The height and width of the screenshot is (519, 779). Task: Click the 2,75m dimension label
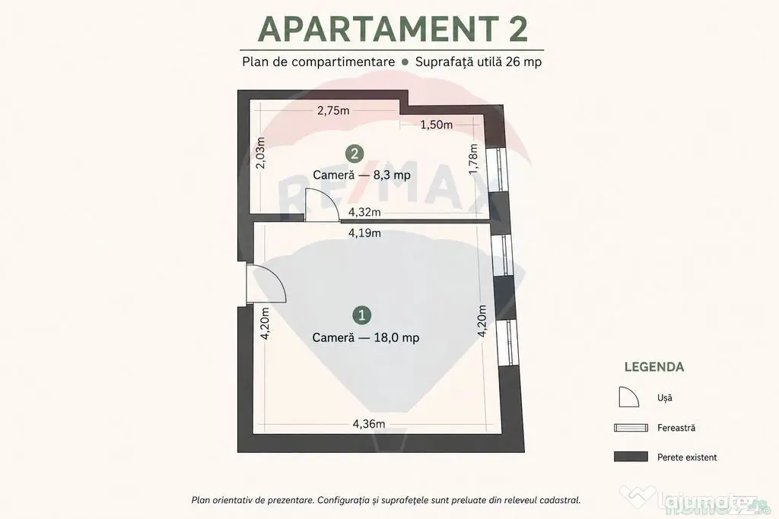333,110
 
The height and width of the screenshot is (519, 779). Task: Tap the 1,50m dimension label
436,125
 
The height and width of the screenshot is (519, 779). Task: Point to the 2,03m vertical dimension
260,152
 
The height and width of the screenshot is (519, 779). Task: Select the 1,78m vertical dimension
473,159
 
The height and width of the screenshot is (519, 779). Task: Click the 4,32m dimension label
364,212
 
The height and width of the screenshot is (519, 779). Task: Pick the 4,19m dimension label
364,233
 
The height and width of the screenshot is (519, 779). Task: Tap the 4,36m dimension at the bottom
369,424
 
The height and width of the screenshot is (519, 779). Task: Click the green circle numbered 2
355,153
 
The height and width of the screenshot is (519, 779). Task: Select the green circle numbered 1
361,315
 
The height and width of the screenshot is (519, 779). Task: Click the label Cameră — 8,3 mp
361,175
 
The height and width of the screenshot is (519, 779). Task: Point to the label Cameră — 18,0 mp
366,338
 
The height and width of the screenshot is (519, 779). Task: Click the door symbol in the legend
628,397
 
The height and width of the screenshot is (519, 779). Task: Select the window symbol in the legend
631,428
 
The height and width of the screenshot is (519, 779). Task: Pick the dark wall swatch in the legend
631,457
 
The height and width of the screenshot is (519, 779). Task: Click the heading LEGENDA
654,367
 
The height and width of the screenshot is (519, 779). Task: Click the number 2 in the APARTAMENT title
517,29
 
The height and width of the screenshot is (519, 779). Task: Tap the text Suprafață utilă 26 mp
479,62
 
